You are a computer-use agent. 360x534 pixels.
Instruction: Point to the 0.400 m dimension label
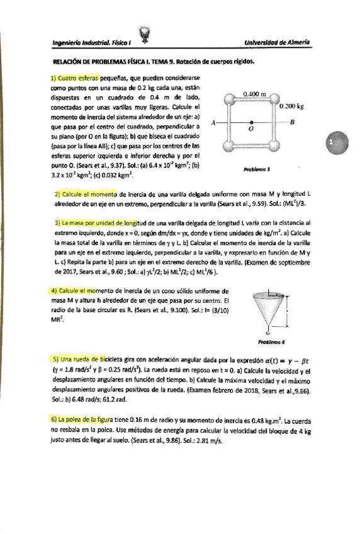(x=254, y=94)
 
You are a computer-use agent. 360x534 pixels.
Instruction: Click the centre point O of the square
(x=251, y=123)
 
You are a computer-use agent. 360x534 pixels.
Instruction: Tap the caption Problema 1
(x=256, y=169)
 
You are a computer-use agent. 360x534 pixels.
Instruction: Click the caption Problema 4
(x=267, y=342)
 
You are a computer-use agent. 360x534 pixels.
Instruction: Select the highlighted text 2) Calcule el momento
(x=85, y=196)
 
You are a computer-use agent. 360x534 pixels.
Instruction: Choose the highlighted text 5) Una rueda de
(x=79, y=358)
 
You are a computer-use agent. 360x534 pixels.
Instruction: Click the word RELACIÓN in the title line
(x=67, y=62)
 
